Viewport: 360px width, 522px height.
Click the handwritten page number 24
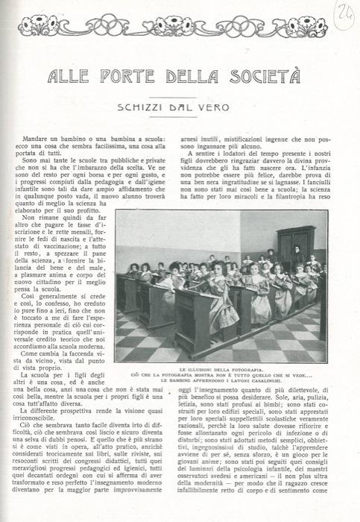[x=344, y=13]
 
